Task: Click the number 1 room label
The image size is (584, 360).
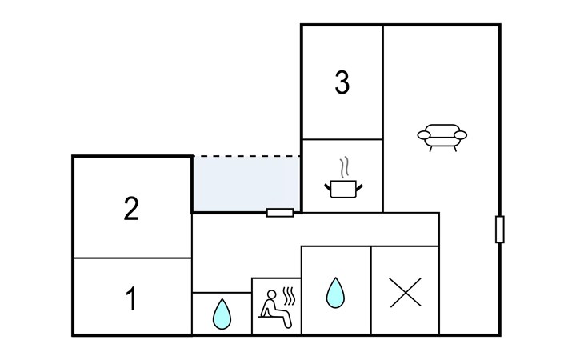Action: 132,299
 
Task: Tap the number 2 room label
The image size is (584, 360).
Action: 132,209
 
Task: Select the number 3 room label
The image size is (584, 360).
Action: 342,83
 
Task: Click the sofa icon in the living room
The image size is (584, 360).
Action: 442,136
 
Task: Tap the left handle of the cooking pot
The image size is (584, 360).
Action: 328,186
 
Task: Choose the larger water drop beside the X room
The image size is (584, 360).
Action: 334,294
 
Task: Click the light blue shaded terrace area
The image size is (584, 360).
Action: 245,184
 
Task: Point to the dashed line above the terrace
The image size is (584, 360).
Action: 245,156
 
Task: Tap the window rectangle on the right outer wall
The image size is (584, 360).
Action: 500,229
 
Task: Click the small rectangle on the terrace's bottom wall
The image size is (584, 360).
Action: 280,213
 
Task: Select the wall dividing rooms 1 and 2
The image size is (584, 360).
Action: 132,258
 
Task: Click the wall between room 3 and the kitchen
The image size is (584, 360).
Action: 342,139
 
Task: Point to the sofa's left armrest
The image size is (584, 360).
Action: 423,136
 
